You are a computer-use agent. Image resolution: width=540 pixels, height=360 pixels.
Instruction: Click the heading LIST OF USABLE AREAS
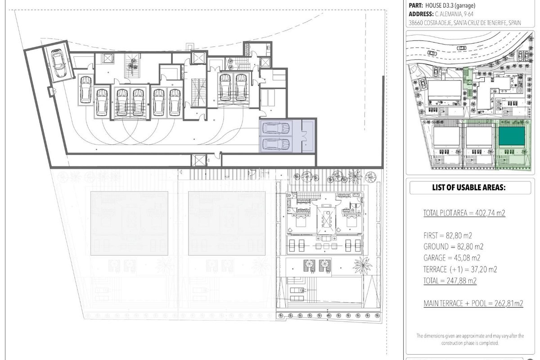(x=468, y=187)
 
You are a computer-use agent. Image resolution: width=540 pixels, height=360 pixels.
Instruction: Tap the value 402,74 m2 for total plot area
(x=490, y=213)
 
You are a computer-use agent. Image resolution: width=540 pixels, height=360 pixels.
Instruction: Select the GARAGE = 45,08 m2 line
(x=452, y=258)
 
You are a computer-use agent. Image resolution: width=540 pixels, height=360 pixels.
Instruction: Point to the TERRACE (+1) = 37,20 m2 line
(x=460, y=269)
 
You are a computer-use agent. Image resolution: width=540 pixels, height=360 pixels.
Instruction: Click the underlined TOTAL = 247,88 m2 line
(x=450, y=280)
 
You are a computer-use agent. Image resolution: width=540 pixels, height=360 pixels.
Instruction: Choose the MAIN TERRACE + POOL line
(x=473, y=303)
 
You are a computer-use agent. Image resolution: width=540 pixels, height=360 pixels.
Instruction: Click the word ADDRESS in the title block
(x=421, y=14)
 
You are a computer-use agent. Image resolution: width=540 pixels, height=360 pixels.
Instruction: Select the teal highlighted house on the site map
(x=512, y=136)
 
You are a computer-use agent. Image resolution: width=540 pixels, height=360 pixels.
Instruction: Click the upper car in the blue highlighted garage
(x=276, y=128)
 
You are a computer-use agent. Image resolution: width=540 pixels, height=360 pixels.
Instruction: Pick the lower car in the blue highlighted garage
(x=276, y=144)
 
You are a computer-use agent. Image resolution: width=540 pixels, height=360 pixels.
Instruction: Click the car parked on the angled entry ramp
(x=58, y=63)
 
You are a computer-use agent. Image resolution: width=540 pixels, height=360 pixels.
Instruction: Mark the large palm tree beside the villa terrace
(x=362, y=266)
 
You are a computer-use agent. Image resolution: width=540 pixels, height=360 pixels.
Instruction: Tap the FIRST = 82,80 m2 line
(x=448, y=235)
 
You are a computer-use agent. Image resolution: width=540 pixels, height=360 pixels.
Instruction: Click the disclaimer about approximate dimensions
(x=470, y=339)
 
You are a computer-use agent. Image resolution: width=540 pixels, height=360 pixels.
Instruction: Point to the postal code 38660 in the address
(x=415, y=23)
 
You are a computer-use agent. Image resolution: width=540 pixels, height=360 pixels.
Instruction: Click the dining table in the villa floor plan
(x=326, y=220)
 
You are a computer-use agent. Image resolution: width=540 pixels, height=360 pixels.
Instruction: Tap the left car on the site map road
(x=432, y=53)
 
